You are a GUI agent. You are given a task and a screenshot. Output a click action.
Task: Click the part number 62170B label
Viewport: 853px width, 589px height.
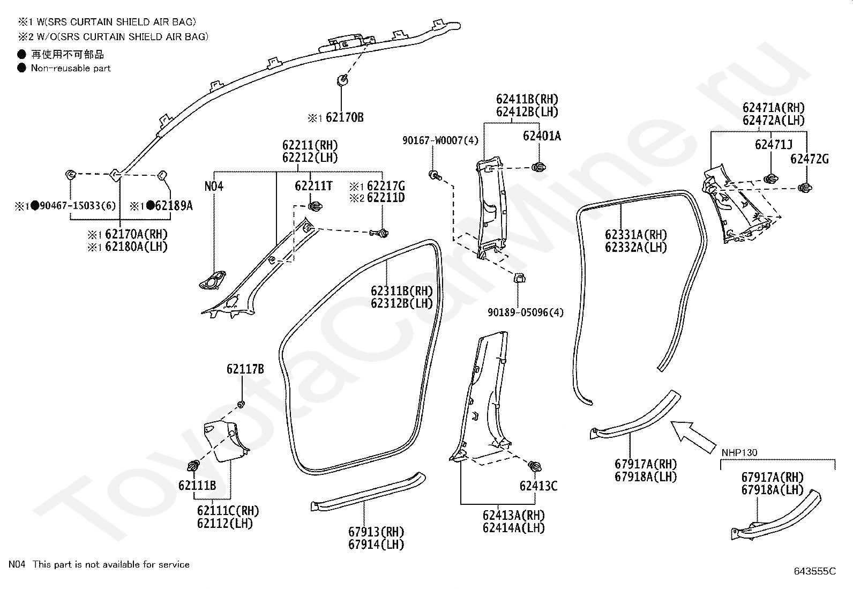pyautogui.click(x=345, y=117)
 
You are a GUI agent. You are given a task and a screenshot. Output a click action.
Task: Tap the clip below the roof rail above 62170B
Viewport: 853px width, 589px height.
pyautogui.click(x=342, y=80)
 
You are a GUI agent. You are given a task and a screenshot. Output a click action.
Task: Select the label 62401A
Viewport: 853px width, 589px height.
pyautogui.click(x=542, y=136)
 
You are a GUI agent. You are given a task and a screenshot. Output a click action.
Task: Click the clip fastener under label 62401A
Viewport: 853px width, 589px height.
pyautogui.click(x=539, y=167)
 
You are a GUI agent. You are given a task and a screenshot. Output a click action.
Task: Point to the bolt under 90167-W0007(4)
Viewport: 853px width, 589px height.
pyautogui.click(x=435, y=176)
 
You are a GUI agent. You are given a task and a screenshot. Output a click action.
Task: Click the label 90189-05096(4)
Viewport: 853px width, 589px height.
pyautogui.click(x=526, y=312)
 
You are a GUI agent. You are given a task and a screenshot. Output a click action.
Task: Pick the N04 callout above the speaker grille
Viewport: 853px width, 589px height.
pyautogui.click(x=214, y=187)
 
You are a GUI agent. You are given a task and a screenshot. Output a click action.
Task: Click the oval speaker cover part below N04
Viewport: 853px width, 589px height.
pyautogui.click(x=213, y=280)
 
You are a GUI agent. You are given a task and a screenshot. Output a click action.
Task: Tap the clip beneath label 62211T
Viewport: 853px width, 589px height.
pyautogui.click(x=315, y=206)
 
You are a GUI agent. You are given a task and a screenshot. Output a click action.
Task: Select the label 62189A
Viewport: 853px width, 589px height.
pyautogui.click(x=174, y=206)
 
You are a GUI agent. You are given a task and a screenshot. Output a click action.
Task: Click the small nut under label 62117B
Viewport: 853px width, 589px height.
pyautogui.click(x=241, y=404)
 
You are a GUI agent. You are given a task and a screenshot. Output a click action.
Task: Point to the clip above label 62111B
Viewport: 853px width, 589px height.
pyautogui.click(x=194, y=466)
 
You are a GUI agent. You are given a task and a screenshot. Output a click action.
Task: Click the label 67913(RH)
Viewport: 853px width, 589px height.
pyautogui.click(x=376, y=532)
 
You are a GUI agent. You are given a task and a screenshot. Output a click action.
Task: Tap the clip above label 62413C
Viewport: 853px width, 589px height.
pyautogui.click(x=535, y=466)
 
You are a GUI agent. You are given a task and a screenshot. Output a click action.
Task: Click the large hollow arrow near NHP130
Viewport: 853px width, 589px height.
pyautogui.click(x=692, y=437)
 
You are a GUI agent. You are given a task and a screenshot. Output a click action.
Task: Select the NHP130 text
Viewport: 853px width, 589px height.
pyautogui.click(x=739, y=453)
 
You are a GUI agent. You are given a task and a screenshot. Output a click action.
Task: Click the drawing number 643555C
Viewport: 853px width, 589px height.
pyautogui.click(x=815, y=571)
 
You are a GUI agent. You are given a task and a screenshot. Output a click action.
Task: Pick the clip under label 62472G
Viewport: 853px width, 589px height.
pyautogui.click(x=805, y=188)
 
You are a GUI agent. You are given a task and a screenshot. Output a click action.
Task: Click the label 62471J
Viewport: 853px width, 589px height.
pyautogui.click(x=773, y=145)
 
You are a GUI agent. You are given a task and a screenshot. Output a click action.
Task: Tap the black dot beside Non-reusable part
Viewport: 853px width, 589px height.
pyautogui.click(x=22, y=68)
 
